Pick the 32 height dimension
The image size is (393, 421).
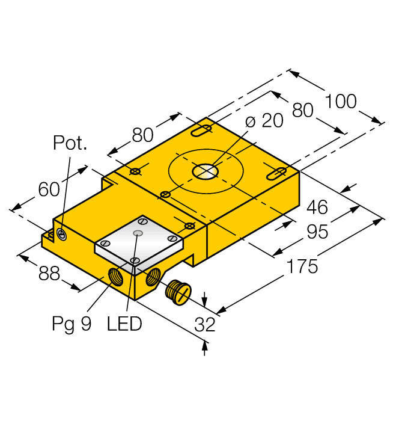coord(205,325)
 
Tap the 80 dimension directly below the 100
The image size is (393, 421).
coord(303,109)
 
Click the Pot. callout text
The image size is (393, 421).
coord(70,143)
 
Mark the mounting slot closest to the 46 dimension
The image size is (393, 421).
coord(275,174)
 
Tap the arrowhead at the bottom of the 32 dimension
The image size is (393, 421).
coord(206,346)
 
